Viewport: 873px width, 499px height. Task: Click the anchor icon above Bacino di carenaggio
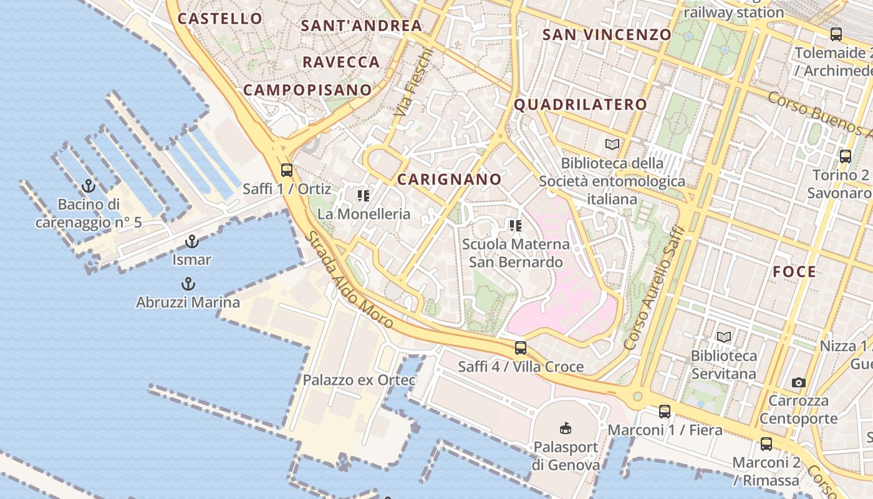click(89, 185)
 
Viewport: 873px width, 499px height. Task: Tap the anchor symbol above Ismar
click(192, 241)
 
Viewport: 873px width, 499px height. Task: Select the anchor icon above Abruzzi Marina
click(188, 284)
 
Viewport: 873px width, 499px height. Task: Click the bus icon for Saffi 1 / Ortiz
click(287, 170)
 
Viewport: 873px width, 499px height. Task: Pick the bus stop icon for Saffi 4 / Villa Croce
click(521, 348)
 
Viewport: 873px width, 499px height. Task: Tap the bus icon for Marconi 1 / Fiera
click(665, 412)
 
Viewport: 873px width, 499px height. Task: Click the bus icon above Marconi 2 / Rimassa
click(766, 444)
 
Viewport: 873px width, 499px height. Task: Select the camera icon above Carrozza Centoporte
click(798, 382)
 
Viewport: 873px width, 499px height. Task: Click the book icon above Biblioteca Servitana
click(723, 337)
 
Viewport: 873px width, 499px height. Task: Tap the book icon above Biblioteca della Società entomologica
click(612, 145)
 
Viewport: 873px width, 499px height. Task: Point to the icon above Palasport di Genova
click(565, 428)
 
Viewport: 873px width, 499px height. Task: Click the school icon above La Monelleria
click(364, 196)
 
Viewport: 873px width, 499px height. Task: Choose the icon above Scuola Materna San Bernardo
click(515, 225)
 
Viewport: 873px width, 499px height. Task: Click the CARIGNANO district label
click(449, 180)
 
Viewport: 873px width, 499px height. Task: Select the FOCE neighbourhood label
click(794, 272)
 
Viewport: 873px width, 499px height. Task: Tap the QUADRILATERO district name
click(580, 105)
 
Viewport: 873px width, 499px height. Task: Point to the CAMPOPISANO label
click(307, 90)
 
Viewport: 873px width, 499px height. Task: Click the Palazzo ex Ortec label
click(359, 380)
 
